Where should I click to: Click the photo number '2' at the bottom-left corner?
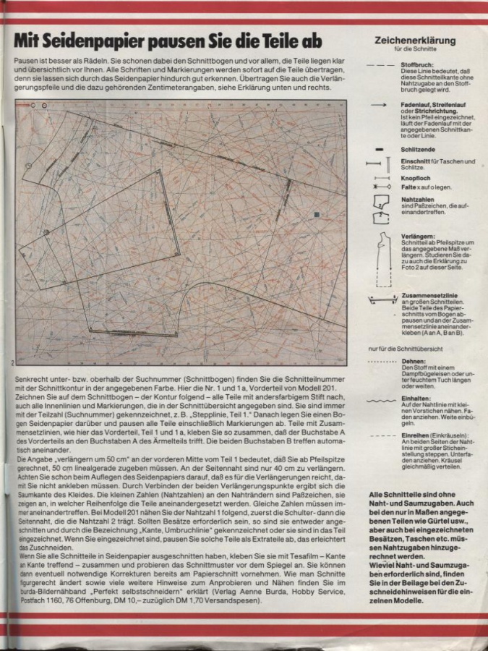(14, 362)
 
